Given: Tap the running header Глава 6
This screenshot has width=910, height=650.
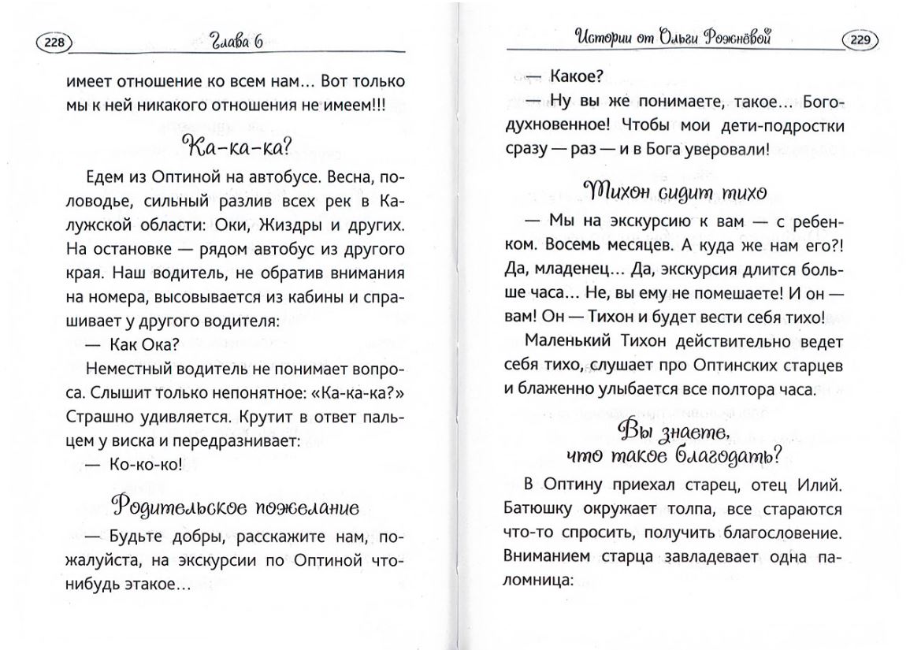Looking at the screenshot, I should pyautogui.click(x=236, y=43).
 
